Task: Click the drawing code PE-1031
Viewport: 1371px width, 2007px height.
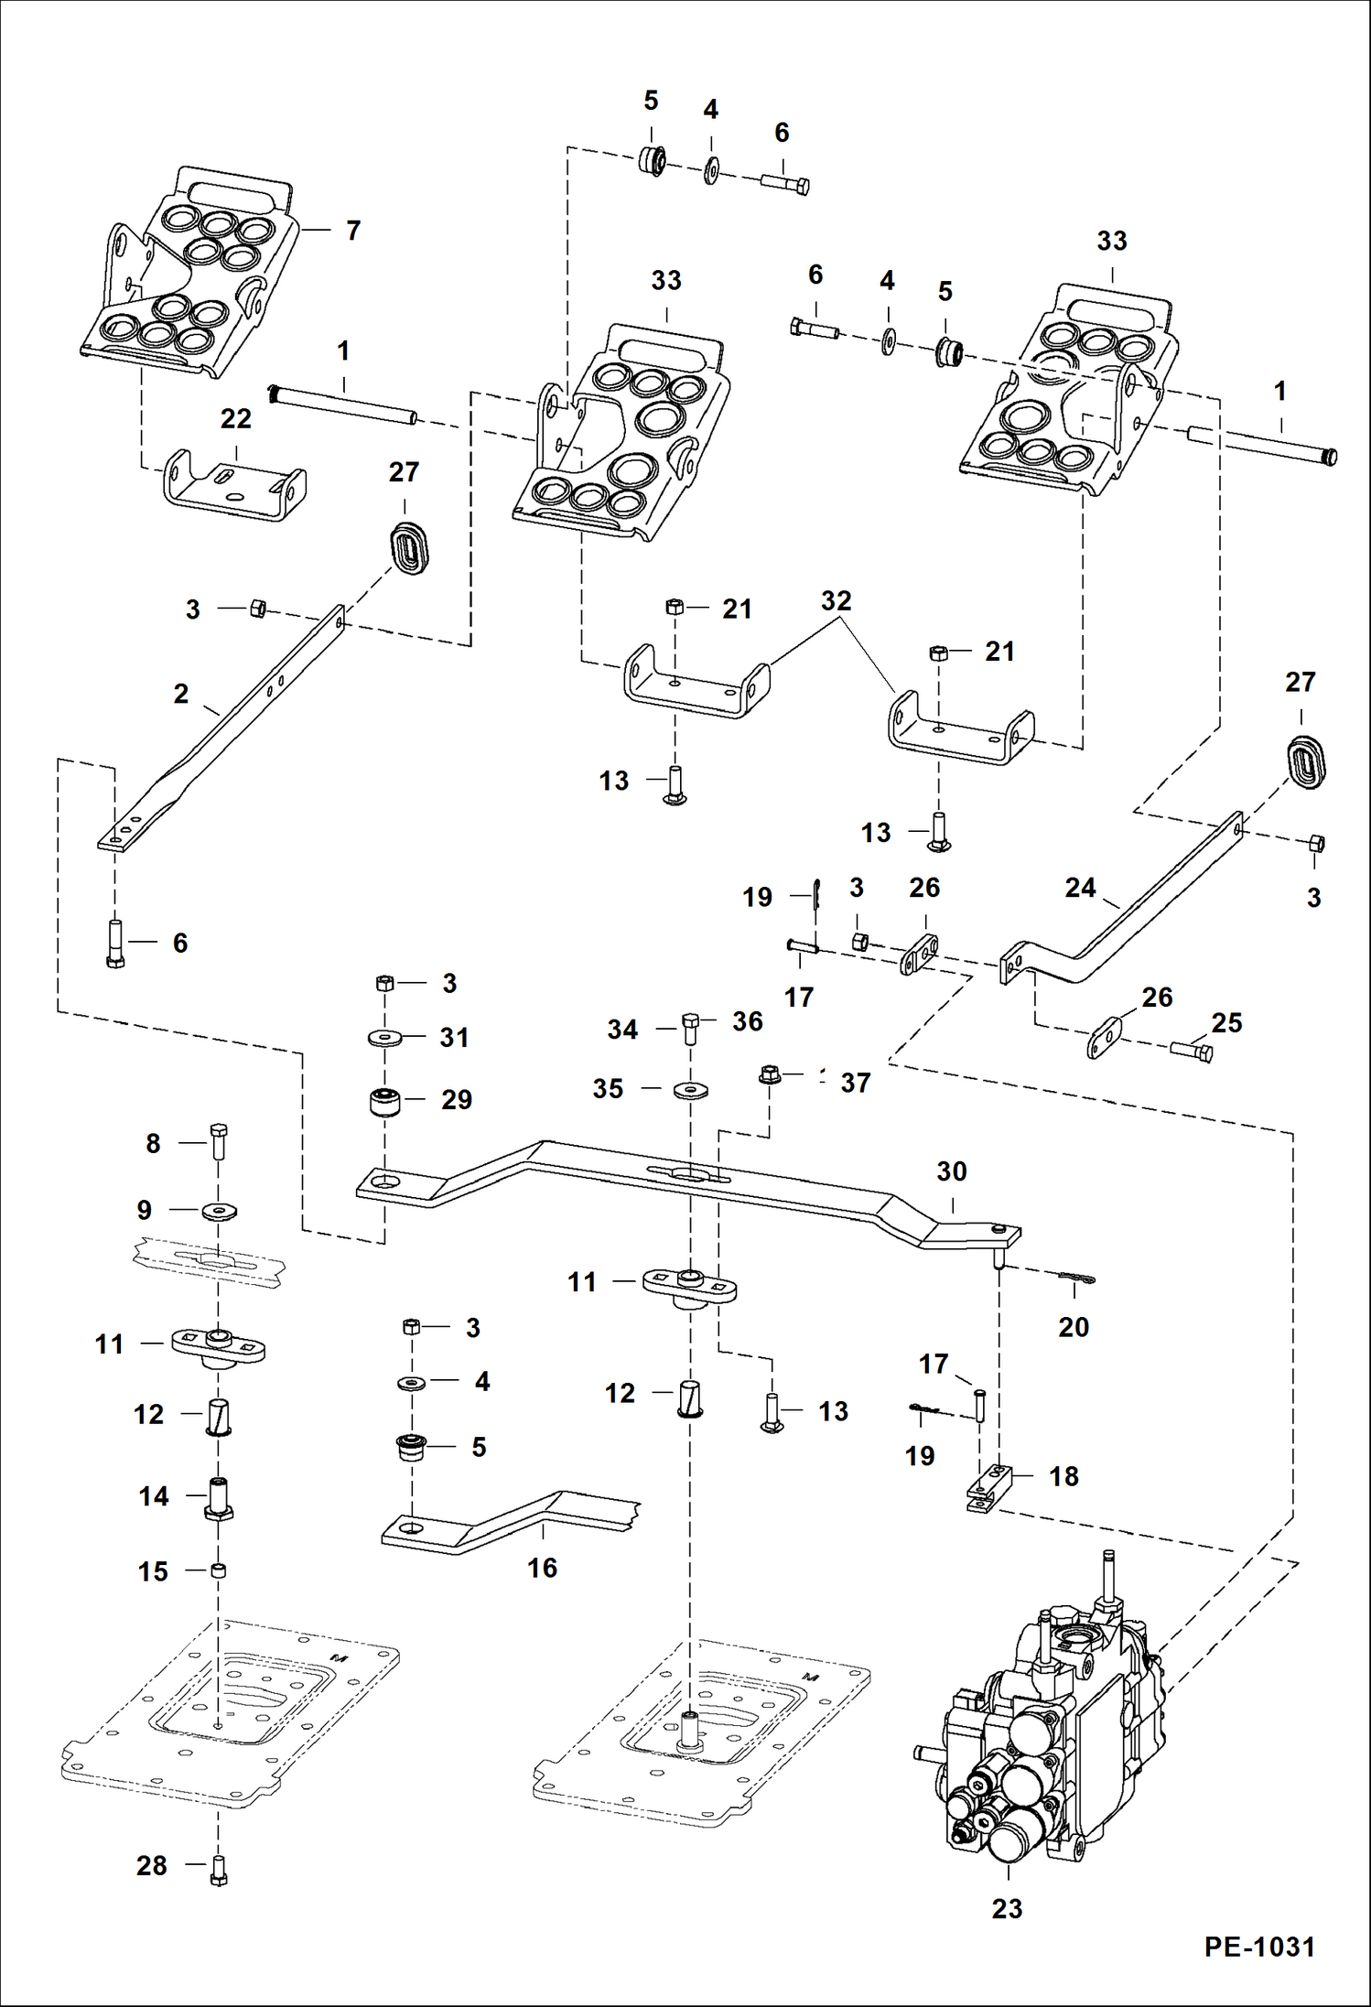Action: pyautogui.click(x=1258, y=1947)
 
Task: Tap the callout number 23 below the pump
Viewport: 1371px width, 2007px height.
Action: pyautogui.click(x=1007, y=1908)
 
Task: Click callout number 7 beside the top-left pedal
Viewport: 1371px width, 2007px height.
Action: pyautogui.click(x=353, y=231)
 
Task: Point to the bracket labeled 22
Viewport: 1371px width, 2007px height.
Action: pyautogui.click(x=234, y=485)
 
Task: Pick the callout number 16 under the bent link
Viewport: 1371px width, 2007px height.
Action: pyautogui.click(x=542, y=1568)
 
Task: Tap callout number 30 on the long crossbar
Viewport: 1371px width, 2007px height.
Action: pyautogui.click(x=952, y=1171)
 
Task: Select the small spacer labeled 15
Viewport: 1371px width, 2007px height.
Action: pyautogui.click(x=218, y=1570)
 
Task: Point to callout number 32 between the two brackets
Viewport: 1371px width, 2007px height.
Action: pyautogui.click(x=836, y=600)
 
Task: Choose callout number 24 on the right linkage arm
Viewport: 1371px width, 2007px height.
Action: pyautogui.click(x=1080, y=888)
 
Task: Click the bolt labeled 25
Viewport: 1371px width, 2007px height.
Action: pyautogui.click(x=1192, y=1052)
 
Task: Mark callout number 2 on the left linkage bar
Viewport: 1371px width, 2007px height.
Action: pyautogui.click(x=181, y=694)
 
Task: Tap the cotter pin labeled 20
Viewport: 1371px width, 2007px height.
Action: pyautogui.click(x=1077, y=1280)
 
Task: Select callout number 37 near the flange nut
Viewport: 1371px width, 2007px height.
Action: pyautogui.click(x=855, y=1083)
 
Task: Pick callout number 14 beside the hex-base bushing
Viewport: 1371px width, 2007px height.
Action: pyautogui.click(x=154, y=1496)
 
